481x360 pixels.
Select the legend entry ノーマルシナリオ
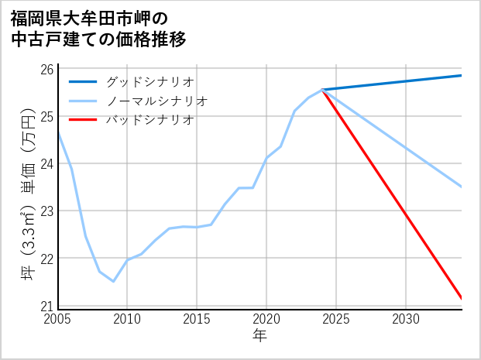click(156, 101)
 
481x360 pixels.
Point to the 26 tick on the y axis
click(47, 69)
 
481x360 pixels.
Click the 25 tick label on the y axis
click(47, 116)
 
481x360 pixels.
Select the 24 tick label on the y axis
click(47, 163)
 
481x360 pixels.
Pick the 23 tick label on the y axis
click(47, 211)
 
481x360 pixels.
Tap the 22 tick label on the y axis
click(47, 258)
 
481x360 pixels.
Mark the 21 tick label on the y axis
click(47, 305)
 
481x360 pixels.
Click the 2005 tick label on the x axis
click(58, 319)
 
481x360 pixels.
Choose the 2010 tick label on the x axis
click(127, 319)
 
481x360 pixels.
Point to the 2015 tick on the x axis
click(197, 319)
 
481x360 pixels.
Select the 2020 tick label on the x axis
click(266, 319)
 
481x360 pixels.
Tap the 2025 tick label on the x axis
click(336, 319)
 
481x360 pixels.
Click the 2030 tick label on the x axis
click(406, 319)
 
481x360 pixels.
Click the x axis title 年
click(259, 336)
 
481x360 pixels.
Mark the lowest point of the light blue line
click(113, 281)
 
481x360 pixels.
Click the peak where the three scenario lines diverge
click(322, 90)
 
